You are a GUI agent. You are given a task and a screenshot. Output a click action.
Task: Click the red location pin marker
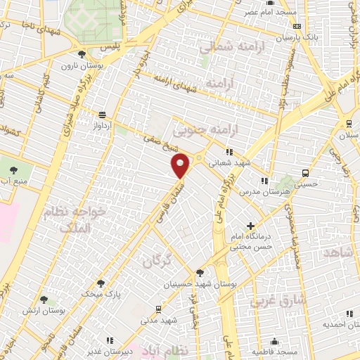[181, 165]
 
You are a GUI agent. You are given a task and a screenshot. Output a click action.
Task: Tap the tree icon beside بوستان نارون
[82, 54]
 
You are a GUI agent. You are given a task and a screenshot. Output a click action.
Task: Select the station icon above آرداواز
[103, 115]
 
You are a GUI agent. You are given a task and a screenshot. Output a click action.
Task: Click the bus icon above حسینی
[305, 172]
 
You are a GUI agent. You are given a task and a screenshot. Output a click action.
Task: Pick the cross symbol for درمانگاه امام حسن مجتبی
[251, 226]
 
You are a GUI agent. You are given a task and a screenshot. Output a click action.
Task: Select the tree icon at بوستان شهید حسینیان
[200, 273]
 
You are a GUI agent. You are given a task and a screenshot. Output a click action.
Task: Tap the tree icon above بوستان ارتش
[44, 300]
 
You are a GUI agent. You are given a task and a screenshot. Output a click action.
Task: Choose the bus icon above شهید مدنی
[157, 309]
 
